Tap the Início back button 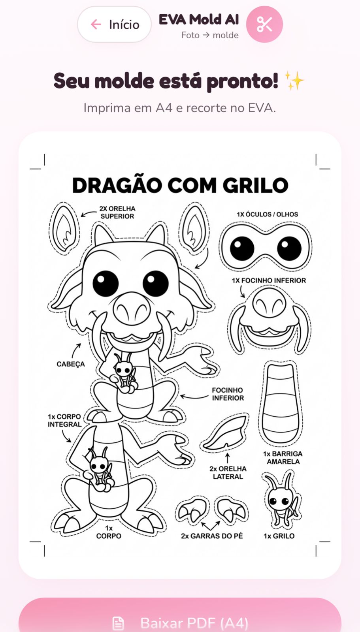tap(115, 24)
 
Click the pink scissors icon tap(264, 24)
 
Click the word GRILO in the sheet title tap(255, 186)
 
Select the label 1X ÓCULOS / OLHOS tap(267, 214)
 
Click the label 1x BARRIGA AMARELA tap(283, 458)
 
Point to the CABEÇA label tap(70, 364)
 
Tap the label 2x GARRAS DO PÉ tap(212, 536)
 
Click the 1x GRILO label tap(279, 536)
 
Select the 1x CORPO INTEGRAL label tap(64, 421)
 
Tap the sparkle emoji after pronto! tap(294, 81)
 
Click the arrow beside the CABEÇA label tap(75, 350)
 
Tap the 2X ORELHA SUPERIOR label tap(117, 213)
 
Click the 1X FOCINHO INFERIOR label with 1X tap(269, 280)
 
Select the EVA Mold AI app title tap(199, 20)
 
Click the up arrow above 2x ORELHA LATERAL tap(228, 458)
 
